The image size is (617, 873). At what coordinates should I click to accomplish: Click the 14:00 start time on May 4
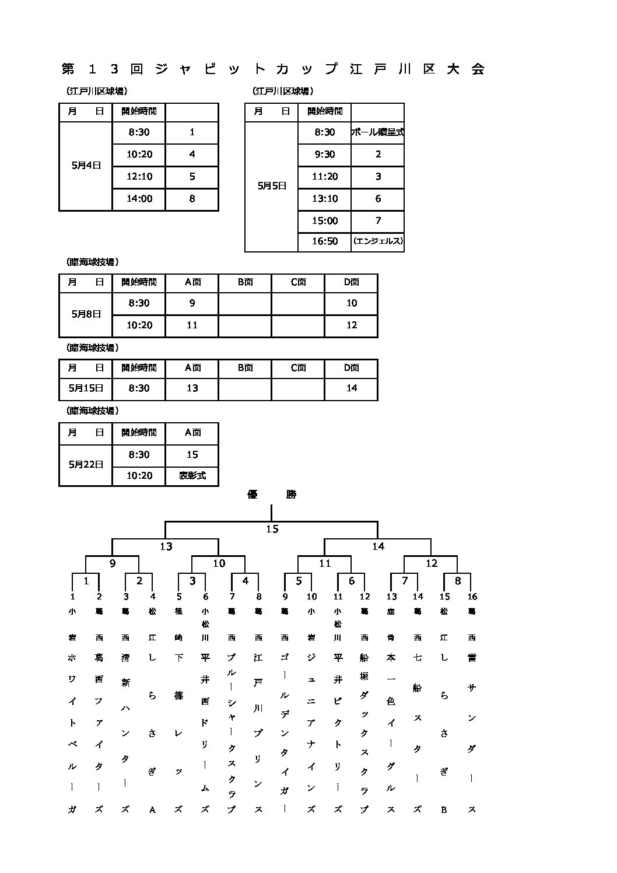(x=139, y=199)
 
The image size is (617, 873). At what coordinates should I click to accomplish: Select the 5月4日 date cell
(x=86, y=166)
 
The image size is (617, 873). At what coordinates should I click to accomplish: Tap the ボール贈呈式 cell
(x=377, y=132)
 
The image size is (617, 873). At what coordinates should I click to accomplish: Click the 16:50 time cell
(x=325, y=241)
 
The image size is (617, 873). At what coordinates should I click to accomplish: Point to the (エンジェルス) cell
(x=378, y=241)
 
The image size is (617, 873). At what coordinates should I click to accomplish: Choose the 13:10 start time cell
(x=325, y=199)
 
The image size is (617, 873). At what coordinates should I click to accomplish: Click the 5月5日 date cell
(x=272, y=187)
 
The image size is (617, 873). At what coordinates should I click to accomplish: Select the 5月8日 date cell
(x=86, y=314)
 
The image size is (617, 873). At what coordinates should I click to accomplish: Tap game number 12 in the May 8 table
(x=351, y=325)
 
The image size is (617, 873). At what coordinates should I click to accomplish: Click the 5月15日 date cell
(x=86, y=388)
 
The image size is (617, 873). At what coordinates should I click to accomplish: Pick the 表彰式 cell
(x=192, y=476)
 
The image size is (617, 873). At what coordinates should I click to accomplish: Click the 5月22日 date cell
(x=86, y=465)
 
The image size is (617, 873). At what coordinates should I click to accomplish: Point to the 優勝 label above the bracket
(x=272, y=495)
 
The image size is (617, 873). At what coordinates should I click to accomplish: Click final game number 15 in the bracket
(x=272, y=530)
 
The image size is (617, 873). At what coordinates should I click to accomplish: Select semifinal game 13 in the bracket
(x=166, y=546)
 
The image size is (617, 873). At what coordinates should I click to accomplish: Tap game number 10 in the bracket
(x=219, y=563)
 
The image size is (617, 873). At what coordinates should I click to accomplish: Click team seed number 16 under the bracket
(x=472, y=597)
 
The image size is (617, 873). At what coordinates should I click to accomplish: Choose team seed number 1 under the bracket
(x=73, y=597)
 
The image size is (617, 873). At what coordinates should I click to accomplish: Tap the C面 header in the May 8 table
(x=298, y=282)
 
